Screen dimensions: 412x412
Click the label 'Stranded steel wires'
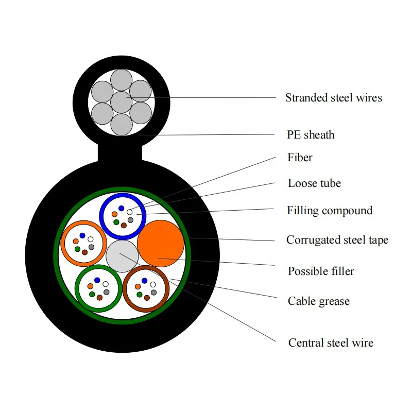tap(334, 98)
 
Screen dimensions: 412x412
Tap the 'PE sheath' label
tap(311, 135)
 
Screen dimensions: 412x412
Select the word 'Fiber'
tap(300, 158)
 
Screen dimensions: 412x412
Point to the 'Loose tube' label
tap(314, 183)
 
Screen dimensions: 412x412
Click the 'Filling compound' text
tap(330, 211)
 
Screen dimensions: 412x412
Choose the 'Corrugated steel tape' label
tap(337, 240)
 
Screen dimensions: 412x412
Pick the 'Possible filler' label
tap(321, 271)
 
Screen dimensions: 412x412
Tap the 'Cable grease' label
tap(318, 301)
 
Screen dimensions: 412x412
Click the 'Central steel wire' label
tap(331, 343)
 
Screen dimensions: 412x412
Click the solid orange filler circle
tap(161, 243)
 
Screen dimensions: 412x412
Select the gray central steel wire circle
tap(122, 256)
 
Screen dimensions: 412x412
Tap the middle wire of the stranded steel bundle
tap(121, 102)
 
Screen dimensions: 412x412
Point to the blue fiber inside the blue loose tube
tap(121, 208)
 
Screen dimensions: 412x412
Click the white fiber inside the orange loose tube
tap(91, 239)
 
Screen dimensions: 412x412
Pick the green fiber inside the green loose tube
tap(92, 294)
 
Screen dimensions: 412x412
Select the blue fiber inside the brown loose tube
tap(145, 281)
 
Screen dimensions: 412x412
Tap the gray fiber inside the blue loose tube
tap(131, 220)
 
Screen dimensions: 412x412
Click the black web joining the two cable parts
tap(119, 153)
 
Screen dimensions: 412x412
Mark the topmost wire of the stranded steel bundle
tap(121, 80)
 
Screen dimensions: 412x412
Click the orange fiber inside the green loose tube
tap(91, 286)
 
